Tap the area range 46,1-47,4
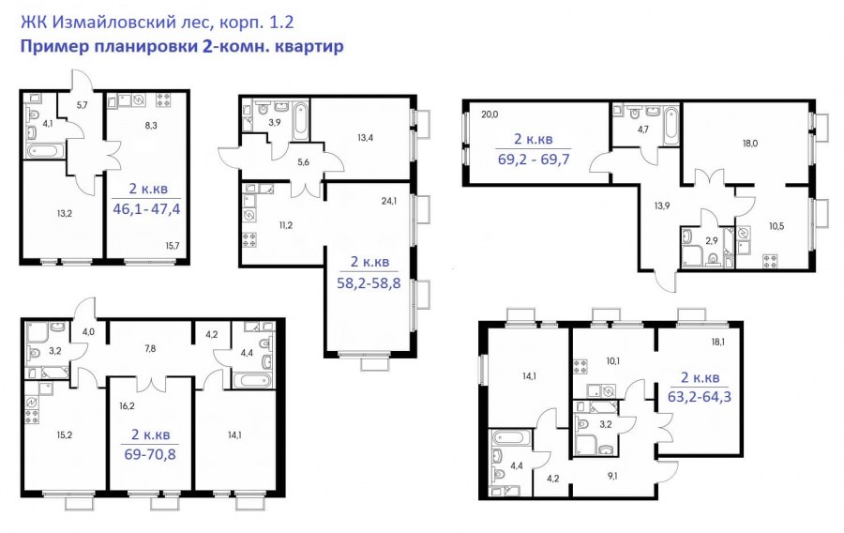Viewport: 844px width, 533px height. pos(146,208)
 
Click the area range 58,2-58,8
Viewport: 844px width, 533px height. pos(369,282)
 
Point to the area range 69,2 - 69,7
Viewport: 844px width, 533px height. pos(534,160)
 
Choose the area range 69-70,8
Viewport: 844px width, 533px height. pos(150,454)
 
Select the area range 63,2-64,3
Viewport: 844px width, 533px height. pos(700,397)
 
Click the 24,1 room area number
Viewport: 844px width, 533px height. pos(388,202)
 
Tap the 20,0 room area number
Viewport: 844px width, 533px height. pos(490,114)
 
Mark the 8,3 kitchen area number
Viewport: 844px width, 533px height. pos(151,126)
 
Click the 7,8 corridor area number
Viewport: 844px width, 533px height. pos(150,348)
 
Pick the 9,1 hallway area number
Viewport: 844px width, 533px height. pos(611,476)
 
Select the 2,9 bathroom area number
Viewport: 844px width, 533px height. pos(712,240)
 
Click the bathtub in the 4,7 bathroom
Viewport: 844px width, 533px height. pos(671,126)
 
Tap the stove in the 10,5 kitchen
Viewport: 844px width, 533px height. pos(770,261)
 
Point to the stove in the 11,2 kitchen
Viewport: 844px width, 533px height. pos(249,239)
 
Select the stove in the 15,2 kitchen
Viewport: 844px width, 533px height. pos(32,416)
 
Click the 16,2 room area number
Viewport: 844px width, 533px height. pos(127,406)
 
